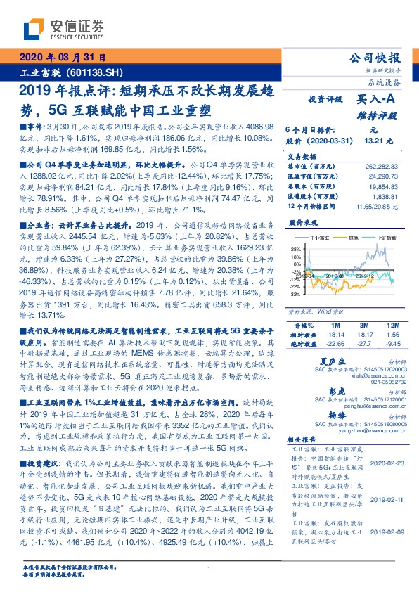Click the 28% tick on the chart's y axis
(295, 249)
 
